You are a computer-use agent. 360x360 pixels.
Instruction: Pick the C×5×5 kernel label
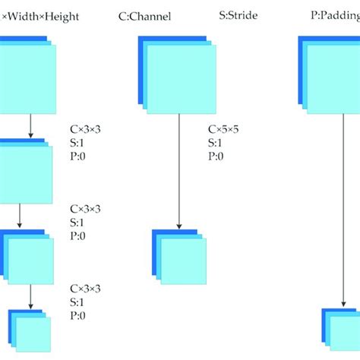coord(226,130)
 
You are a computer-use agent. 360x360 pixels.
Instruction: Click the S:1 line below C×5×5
coord(216,143)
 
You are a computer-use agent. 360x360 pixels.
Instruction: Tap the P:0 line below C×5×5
coord(216,156)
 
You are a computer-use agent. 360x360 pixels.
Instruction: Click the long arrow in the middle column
coord(178,171)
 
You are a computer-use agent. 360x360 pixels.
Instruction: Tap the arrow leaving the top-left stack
coord(30,125)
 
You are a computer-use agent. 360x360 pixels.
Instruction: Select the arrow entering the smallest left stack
coord(30,296)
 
